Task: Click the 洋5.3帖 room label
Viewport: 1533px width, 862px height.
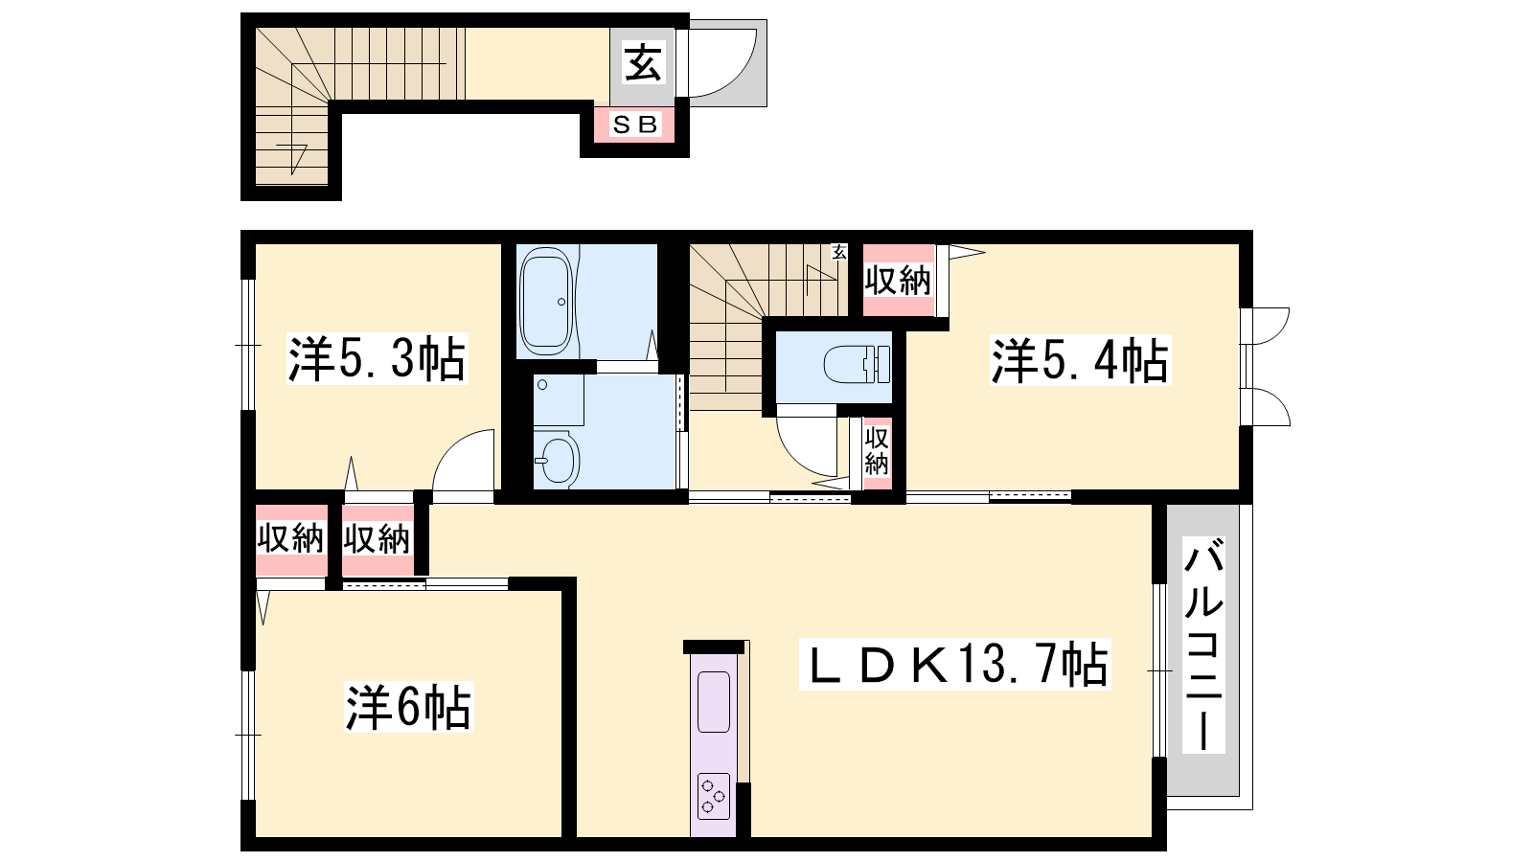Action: pos(377,358)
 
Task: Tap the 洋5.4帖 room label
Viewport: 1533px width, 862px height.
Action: pos(1080,360)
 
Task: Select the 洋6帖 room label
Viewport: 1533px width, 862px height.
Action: pos(408,708)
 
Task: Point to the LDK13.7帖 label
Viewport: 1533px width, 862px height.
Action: pos(954,665)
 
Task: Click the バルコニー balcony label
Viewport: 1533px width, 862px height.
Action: pos(1203,644)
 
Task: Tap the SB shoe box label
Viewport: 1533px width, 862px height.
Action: pos(634,125)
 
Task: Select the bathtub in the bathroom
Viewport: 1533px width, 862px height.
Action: pos(545,301)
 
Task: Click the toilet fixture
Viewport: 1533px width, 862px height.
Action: pos(857,364)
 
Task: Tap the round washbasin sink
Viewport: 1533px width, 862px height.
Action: pos(557,459)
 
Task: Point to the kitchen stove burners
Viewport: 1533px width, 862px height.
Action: pos(714,796)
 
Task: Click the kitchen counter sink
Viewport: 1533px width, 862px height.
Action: pos(713,702)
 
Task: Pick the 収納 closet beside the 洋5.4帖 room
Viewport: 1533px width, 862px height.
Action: pos(898,281)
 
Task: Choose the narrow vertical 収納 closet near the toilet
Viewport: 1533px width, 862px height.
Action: pos(877,451)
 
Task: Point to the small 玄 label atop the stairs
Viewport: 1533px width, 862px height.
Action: pos(839,252)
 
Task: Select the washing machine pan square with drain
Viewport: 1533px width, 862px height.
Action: pos(559,400)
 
